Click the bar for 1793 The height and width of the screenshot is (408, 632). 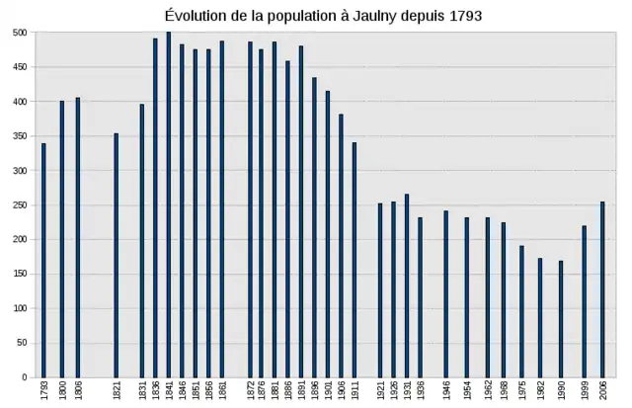click(43, 260)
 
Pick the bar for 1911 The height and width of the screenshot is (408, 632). click(354, 260)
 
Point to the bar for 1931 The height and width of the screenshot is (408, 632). click(406, 286)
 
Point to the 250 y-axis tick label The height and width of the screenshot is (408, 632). click(19, 204)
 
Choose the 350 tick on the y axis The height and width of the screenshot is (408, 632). click(19, 136)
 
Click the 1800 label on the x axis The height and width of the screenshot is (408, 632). click(61, 392)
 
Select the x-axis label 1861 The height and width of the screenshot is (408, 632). click(222, 392)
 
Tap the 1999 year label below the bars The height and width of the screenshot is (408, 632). click(584, 392)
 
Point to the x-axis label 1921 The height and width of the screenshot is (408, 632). click(380, 392)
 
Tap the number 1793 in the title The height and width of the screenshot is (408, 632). click(464, 17)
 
